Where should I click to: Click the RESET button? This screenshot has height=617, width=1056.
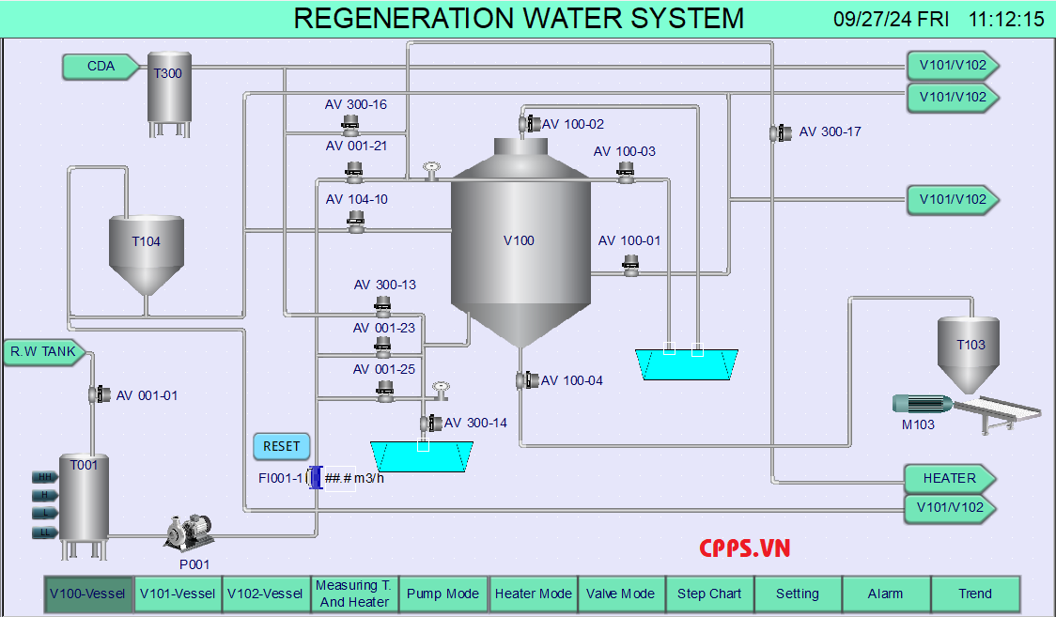coord(281,446)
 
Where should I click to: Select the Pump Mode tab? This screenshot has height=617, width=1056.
coord(443,594)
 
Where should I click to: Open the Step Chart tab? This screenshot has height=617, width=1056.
coord(709,594)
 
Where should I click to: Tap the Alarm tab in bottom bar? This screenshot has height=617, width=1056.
coord(885,594)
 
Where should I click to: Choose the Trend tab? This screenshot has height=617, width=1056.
coord(975,594)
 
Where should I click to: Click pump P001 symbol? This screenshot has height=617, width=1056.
coord(189,532)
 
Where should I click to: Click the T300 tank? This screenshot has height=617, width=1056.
coord(169,89)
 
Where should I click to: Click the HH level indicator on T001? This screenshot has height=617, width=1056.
coord(43,477)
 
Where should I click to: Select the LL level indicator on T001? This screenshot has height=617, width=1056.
coord(43,532)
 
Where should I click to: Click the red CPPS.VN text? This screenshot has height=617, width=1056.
coord(745,548)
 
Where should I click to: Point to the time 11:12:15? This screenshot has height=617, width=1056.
coord(1006,20)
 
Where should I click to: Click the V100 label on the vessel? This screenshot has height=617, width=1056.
coord(519,240)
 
